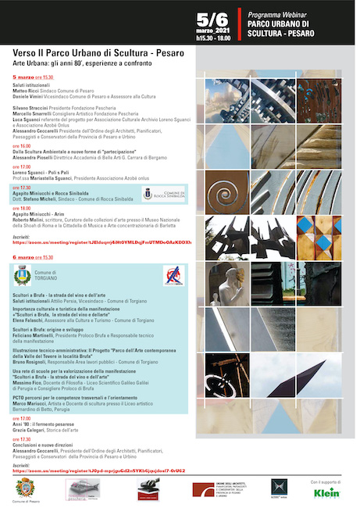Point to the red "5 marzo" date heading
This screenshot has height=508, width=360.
[x=26, y=78]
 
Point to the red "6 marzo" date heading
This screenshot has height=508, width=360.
[x=26, y=256]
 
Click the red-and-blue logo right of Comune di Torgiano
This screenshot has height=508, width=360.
[x=173, y=275]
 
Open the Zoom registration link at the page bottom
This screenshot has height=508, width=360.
[x=109, y=470]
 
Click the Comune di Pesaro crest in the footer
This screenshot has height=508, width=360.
[x=26, y=488]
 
